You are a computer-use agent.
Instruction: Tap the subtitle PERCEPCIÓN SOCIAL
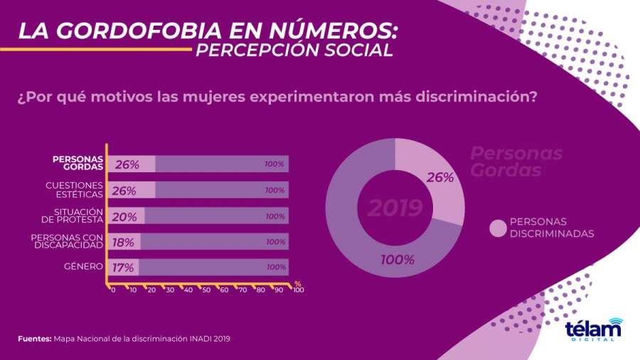(293, 51)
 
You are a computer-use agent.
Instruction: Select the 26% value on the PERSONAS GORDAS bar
(127, 164)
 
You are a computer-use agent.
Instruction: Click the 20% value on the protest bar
(125, 216)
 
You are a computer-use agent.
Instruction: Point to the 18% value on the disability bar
(124, 242)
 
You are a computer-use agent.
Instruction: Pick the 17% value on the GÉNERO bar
(122, 268)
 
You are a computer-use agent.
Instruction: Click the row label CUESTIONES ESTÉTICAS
(75, 190)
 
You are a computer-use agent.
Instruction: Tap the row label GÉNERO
(83, 267)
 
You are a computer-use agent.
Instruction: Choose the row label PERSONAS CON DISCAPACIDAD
(68, 241)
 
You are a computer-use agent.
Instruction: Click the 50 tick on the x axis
(206, 290)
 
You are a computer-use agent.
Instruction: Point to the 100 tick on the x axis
(299, 290)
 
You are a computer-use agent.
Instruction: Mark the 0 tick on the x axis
(113, 290)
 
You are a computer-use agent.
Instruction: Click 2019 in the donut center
(395, 208)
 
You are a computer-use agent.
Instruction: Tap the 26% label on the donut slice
(440, 178)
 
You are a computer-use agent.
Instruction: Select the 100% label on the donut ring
(397, 260)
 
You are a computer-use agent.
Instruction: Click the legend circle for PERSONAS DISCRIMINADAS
(498, 228)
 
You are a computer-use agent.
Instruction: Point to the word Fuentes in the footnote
(34, 339)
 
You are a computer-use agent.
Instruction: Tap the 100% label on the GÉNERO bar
(276, 268)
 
